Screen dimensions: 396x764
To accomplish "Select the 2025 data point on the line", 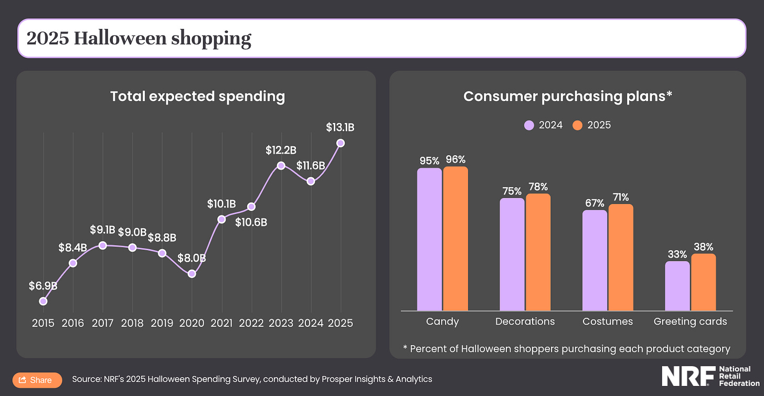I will point(341,143).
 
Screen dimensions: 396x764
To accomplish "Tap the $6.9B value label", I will point(43,286).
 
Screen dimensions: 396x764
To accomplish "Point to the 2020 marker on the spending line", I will point(192,274).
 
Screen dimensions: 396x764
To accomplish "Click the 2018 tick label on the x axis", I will point(132,323).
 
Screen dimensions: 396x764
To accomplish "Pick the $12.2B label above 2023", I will point(281,151).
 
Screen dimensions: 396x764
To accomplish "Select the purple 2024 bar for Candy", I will point(429,239).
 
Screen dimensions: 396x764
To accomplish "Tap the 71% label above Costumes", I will point(621,197).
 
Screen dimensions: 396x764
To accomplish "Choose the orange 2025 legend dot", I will point(577,125).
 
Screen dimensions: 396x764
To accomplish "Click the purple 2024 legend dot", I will point(529,125).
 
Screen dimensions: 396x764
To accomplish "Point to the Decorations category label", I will point(525,322).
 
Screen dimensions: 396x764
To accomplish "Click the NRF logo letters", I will point(687,376).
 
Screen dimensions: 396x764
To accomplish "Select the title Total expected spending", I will point(197,97).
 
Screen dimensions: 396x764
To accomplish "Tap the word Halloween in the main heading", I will point(114,38).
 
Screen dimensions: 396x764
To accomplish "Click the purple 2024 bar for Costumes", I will point(595,260).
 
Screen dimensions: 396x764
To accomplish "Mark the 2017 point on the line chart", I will point(103,245).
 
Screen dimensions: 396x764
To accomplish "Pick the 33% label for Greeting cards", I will point(677,254).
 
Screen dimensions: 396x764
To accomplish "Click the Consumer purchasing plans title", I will point(568,97).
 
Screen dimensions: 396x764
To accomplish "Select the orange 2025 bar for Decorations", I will point(538,252).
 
